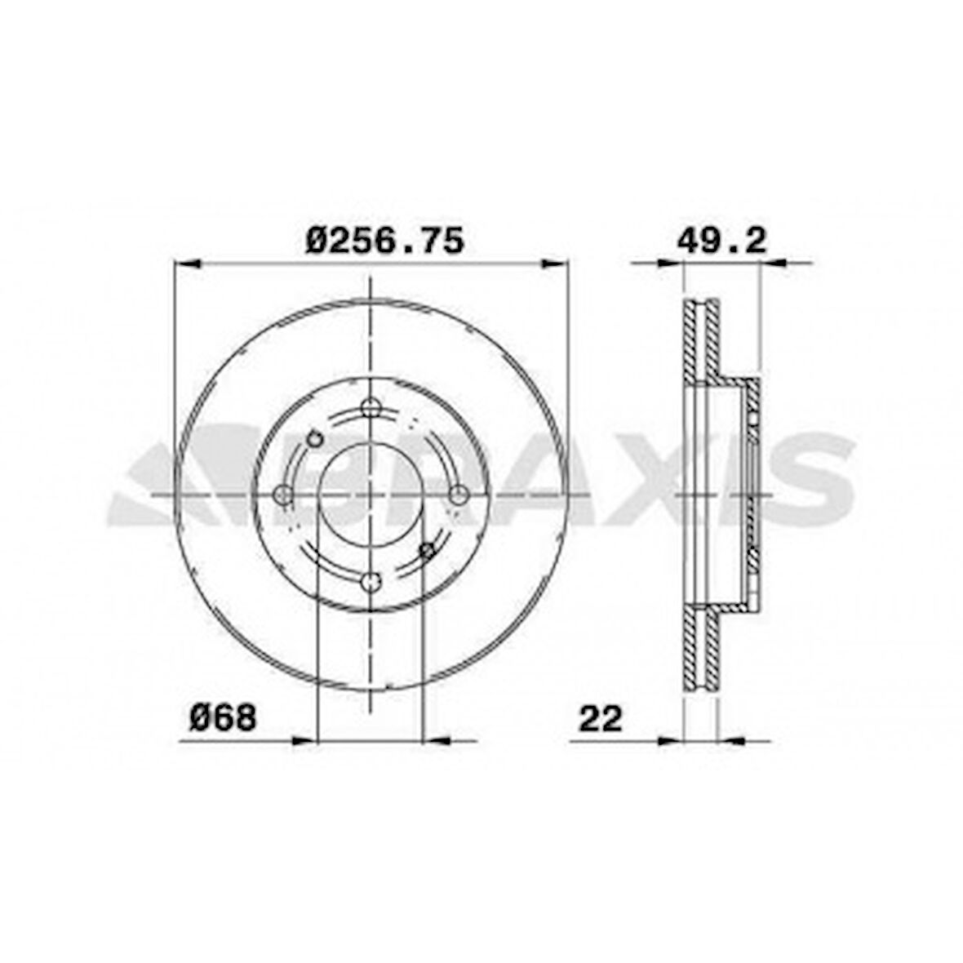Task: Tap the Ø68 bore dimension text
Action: click(x=223, y=718)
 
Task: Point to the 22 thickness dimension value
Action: click(x=601, y=718)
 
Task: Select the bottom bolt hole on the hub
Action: click(x=371, y=581)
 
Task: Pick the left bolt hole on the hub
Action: click(x=283, y=494)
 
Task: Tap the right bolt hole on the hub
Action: click(x=459, y=494)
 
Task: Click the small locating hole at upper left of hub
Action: click(x=312, y=439)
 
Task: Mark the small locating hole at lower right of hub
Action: click(x=426, y=551)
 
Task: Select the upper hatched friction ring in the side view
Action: click(x=701, y=339)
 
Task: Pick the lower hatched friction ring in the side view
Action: click(x=701, y=653)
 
